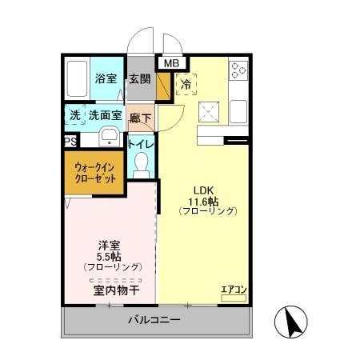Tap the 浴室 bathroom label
tap(106, 79)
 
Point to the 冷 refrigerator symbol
tap(186, 82)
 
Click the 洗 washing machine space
tap(74, 115)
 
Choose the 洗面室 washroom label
tap(105, 115)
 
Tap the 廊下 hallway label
tap(141, 116)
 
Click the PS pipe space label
tap(70, 142)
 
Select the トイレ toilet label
tap(141, 144)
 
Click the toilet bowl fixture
tap(142, 165)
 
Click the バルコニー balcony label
tap(154, 321)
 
